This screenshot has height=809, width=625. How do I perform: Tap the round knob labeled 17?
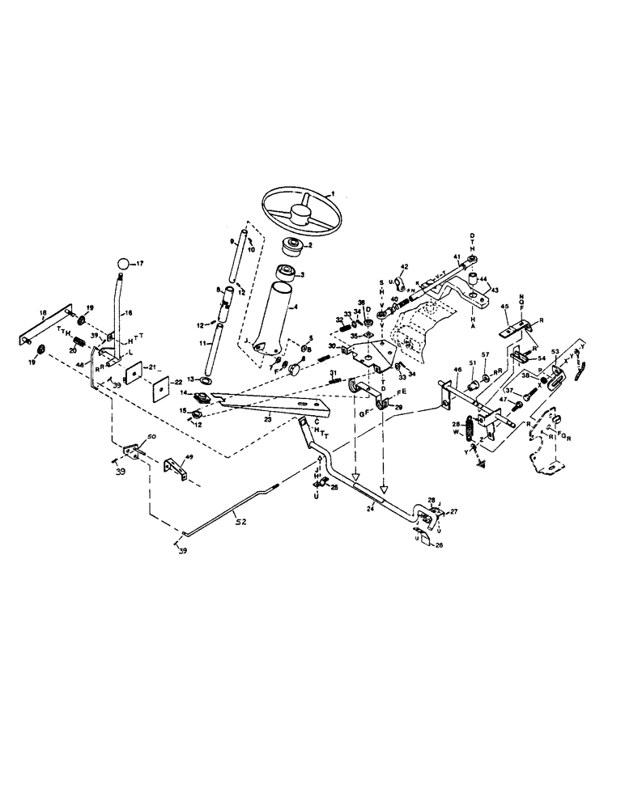point(121,264)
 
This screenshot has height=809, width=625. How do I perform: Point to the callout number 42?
point(404,267)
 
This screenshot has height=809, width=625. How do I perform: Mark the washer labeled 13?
point(206,380)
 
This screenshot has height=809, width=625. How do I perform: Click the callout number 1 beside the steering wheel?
point(330,195)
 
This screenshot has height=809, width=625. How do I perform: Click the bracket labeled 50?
point(131,451)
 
